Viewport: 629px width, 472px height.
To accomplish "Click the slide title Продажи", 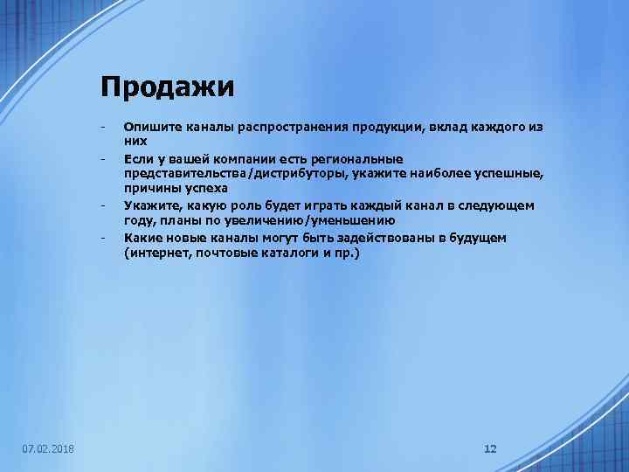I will tap(167, 87).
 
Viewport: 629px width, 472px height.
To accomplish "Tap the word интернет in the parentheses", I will tap(159, 253).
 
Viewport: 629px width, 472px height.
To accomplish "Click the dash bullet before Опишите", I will tap(103, 127).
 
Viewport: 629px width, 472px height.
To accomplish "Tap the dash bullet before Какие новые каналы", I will tap(103, 237).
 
